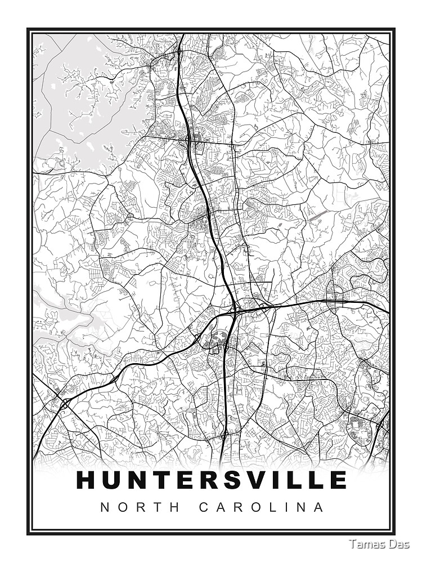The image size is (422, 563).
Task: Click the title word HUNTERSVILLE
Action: pyautogui.click(x=211, y=480)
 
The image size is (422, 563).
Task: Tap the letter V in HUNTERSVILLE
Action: pyautogui.click(x=255, y=480)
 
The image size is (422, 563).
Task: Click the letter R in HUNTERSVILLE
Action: pyautogui.click(x=205, y=480)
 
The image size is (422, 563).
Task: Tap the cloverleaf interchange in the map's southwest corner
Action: pyautogui.click(x=65, y=403)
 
